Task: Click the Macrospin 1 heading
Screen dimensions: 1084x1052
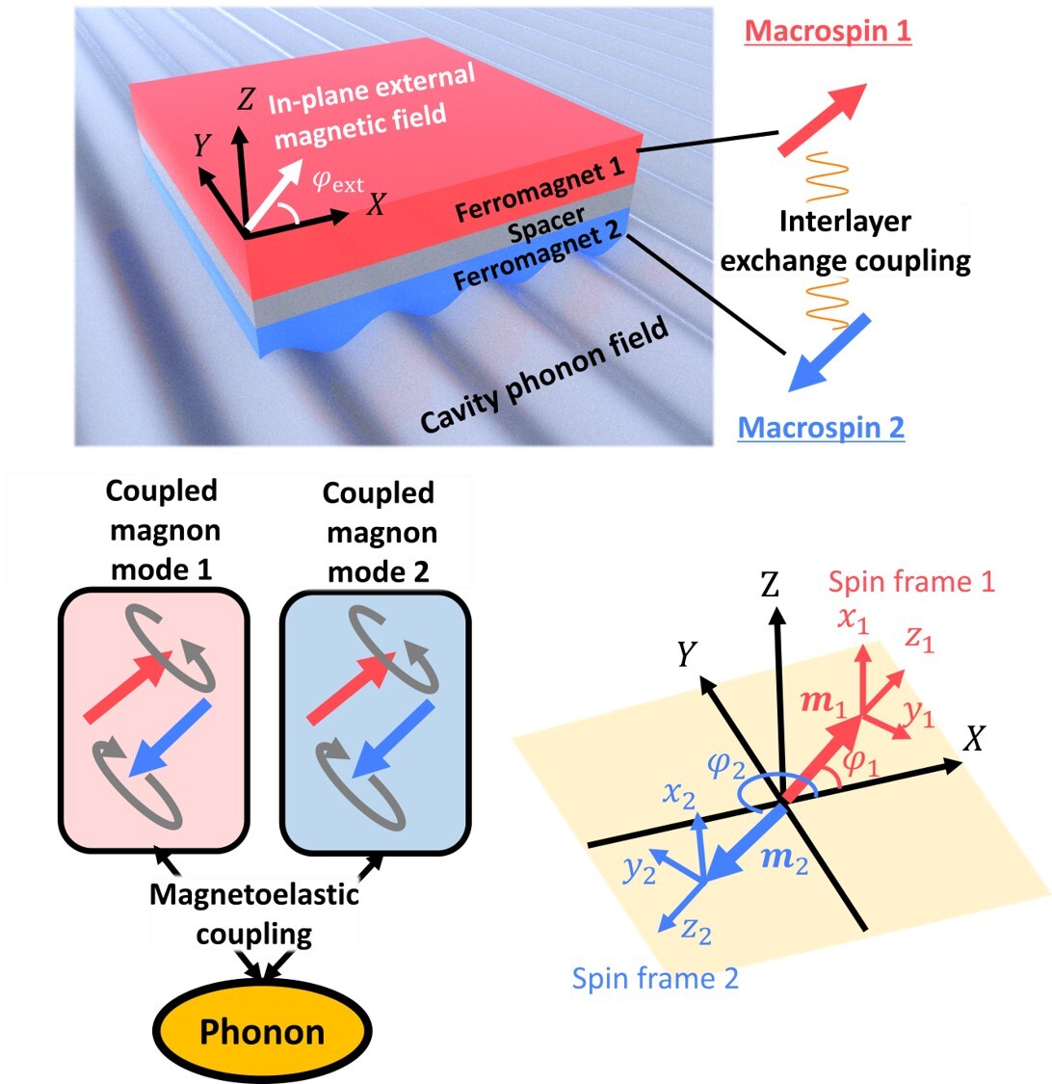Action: (828, 30)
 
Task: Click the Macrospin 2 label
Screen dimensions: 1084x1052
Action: (821, 427)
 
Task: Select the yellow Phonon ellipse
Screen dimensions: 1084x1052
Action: (262, 1033)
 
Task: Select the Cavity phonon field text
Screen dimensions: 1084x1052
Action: (544, 375)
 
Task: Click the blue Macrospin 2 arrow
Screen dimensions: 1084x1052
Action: (828, 353)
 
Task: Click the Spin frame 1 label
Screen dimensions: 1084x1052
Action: (911, 582)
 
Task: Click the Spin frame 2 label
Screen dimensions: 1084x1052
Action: (655, 978)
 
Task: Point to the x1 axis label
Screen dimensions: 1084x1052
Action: (853, 621)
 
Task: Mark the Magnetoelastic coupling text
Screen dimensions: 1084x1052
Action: (254, 913)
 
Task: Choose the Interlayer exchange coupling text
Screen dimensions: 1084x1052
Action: (846, 241)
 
